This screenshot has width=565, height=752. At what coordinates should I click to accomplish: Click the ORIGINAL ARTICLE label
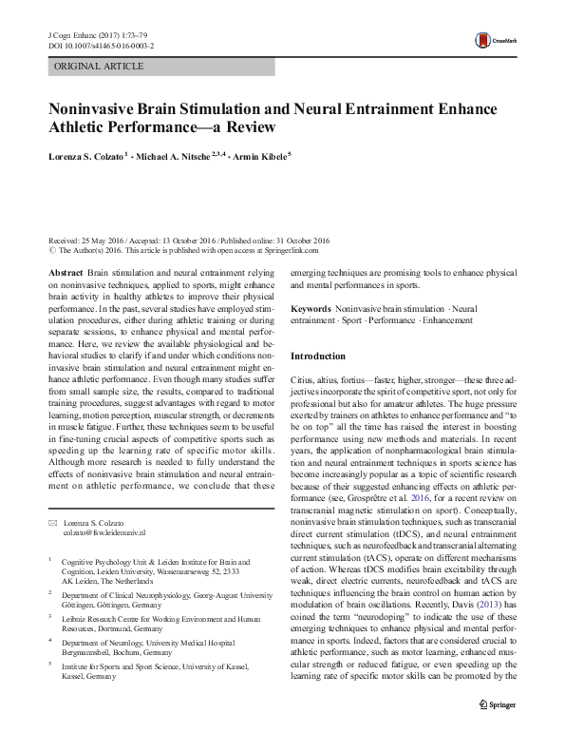(x=100, y=67)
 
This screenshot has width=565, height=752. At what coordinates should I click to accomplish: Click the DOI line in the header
(x=104, y=45)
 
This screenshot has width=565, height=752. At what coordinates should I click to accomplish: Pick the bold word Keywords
(x=310, y=310)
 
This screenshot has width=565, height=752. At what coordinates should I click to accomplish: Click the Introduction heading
(x=318, y=357)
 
